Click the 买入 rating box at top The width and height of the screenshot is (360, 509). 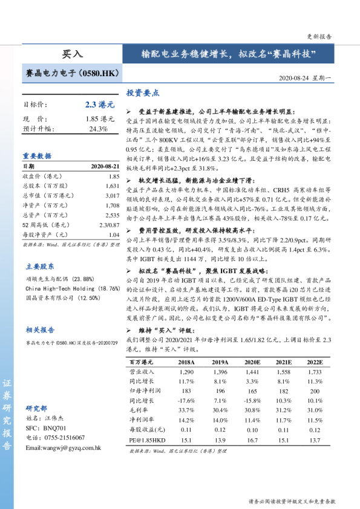point(73,53)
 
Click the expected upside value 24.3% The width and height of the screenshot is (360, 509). point(98,129)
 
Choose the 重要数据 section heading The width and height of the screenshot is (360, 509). point(38,155)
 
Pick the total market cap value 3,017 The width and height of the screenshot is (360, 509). point(111,196)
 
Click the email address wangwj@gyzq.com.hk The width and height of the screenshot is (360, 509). point(63,448)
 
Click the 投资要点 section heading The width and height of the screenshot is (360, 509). point(143,93)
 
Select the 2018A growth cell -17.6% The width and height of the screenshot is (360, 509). point(186,401)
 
